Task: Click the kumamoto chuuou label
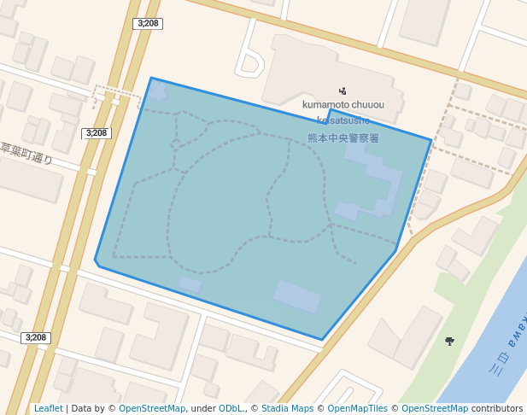point(343,105)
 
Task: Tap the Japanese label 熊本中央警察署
point(343,137)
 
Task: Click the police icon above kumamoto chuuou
point(343,91)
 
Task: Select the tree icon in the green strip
point(449,342)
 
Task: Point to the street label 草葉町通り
point(26,154)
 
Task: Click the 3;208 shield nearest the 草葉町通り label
point(96,133)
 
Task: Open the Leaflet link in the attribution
point(48,408)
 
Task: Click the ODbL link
point(231,408)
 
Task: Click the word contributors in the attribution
point(497,408)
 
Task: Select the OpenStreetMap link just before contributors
point(435,408)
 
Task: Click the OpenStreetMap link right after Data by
point(152,408)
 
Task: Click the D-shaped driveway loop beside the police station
point(250,62)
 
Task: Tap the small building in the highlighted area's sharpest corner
point(159,90)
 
